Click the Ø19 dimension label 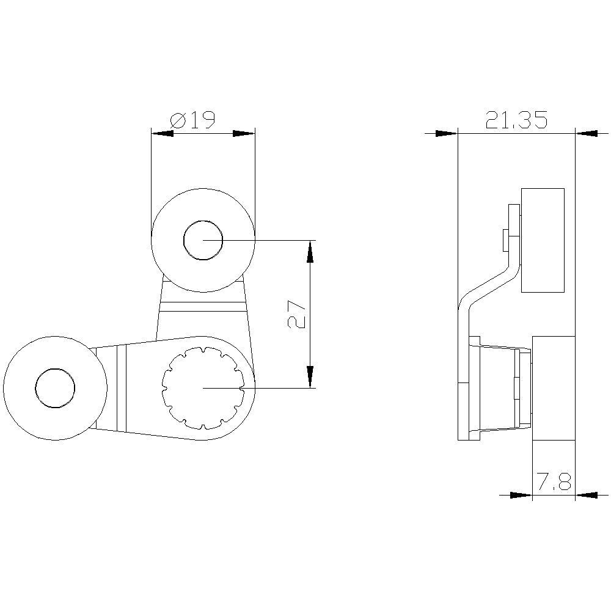[193, 120]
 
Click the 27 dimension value [296, 315]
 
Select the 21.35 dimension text [516, 120]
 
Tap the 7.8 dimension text [554, 481]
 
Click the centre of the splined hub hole [203, 388]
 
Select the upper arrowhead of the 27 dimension [310, 251]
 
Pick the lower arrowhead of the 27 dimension [310, 377]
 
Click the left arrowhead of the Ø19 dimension [163, 133]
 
